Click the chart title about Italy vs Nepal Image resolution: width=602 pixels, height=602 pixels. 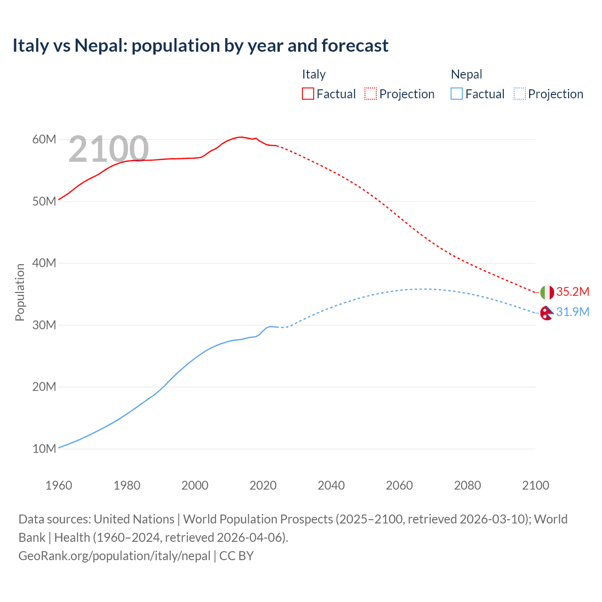[200, 46]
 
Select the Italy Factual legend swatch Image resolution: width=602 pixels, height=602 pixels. [308, 94]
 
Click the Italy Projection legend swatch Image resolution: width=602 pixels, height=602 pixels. [371, 94]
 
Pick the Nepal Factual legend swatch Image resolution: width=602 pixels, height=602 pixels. [456, 94]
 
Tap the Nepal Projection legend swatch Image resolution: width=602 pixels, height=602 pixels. [519, 94]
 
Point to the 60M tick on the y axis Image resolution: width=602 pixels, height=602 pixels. [44, 139]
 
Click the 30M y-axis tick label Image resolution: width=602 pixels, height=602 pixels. [44, 325]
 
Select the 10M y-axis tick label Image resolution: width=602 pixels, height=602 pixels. [44, 449]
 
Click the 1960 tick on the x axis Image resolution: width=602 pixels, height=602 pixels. [59, 485]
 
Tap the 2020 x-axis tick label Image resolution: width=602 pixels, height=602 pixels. [263, 485]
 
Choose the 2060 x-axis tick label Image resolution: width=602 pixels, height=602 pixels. [399, 485]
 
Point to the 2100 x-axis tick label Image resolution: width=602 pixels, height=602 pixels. [535, 485]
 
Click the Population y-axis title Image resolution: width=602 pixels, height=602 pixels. [20, 292]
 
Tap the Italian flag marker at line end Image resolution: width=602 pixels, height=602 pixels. [547, 292]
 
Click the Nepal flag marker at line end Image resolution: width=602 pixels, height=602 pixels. [547, 313]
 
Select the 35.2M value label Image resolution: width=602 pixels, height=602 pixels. [572, 292]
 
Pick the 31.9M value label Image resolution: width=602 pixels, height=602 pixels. [572, 312]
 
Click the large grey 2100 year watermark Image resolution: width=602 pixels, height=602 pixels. [109, 149]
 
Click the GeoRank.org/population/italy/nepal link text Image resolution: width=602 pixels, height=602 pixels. [114, 555]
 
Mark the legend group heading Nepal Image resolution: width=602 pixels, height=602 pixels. [466, 74]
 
